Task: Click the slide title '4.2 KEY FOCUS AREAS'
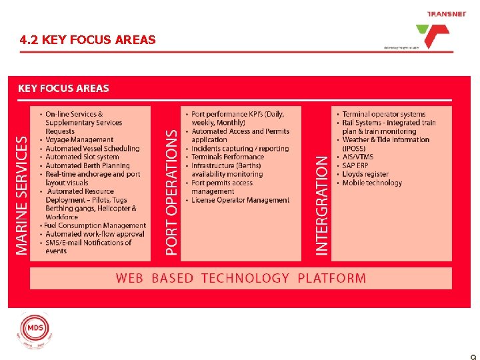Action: click(88, 40)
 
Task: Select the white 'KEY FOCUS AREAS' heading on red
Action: click(63, 88)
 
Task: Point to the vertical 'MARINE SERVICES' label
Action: click(22, 195)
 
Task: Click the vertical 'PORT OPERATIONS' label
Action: click(172, 192)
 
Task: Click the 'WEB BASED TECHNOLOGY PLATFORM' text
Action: click(241, 278)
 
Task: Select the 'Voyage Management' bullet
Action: click(79, 140)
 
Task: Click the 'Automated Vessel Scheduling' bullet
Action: click(93, 149)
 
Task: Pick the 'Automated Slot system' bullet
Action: click(82, 157)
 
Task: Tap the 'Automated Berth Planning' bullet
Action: click(87, 166)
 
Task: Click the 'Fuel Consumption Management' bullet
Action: click(95, 226)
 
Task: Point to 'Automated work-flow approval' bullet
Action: click(95, 235)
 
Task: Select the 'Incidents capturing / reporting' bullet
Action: click(240, 149)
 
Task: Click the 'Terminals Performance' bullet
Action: click(227, 157)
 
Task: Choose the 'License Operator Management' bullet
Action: click(240, 200)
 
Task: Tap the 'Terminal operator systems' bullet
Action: click(383, 114)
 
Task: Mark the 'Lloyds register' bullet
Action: click(365, 175)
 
